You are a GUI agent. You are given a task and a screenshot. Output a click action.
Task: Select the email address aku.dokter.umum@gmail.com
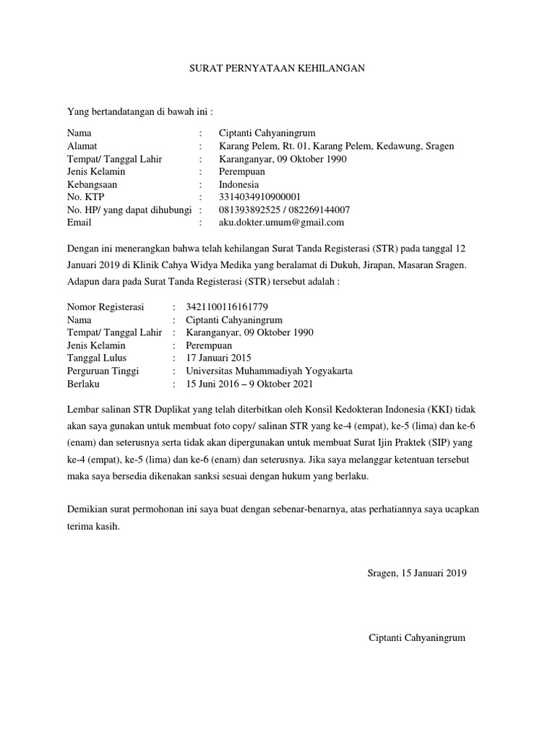point(281,223)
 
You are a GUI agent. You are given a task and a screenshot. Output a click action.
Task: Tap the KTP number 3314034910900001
point(259,197)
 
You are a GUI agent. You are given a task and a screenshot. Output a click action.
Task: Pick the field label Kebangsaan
point(92,184)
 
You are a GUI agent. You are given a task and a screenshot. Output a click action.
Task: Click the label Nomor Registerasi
point(106,307)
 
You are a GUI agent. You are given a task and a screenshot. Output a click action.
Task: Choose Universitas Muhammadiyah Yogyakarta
point(269,371)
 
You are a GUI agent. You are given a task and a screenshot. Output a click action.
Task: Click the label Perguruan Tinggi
point(103,371)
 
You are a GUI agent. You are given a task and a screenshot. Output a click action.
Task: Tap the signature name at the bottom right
point(417,638)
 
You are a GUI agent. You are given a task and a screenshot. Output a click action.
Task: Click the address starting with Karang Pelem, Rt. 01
point(336,146)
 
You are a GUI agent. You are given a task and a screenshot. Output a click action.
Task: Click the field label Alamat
point(82,146)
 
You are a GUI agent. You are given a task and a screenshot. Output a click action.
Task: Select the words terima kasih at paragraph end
point(93,526)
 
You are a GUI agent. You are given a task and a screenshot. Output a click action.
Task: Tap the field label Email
point(79,223)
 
